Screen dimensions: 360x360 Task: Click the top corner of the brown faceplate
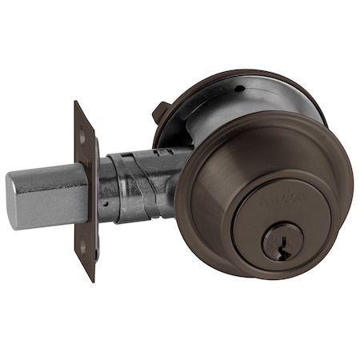[76, 103]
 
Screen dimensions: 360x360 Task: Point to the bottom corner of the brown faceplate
[90, 279]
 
